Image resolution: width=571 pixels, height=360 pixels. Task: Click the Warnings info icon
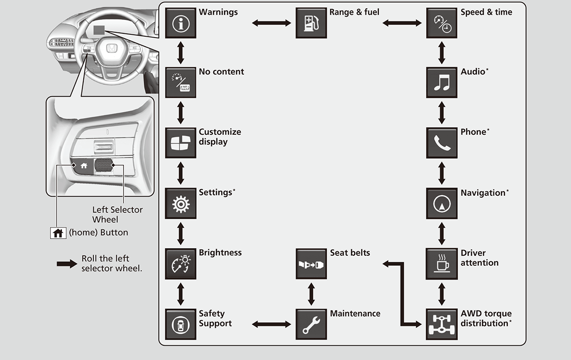[x=180, y=23]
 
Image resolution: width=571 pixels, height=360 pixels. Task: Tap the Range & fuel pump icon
[x=311, y=23]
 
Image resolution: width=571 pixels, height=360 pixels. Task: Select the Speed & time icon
[x=442, y=23]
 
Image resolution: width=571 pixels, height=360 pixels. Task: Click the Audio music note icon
[x=442, y=83]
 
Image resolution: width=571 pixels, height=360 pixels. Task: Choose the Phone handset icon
[x=442, y=143]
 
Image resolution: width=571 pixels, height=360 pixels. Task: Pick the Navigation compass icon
[x=442, y=203]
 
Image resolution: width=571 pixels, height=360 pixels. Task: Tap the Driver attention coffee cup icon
[x=442, y=264]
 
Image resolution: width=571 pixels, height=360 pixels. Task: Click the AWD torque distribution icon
[x=442, y=324]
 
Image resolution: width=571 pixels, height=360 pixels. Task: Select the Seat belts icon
[x=311, y=264]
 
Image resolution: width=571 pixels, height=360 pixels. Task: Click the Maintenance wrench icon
[x=311, y=324]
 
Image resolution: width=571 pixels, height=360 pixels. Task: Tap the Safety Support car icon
[x=180, y=324]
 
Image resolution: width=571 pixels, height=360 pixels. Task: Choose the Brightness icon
[x=180, y=264]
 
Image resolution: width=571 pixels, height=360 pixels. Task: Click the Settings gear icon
[x=180, y=203]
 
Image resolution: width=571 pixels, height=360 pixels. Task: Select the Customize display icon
[x=180, y=143]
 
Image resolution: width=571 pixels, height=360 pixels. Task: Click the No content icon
[x=180, y=83]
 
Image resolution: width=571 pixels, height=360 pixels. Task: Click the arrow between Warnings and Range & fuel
[x=271, y=22]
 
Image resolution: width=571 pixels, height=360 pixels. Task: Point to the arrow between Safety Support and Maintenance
[x=271, y=324]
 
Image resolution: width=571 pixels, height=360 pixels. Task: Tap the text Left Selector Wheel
[x=117, y=214]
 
